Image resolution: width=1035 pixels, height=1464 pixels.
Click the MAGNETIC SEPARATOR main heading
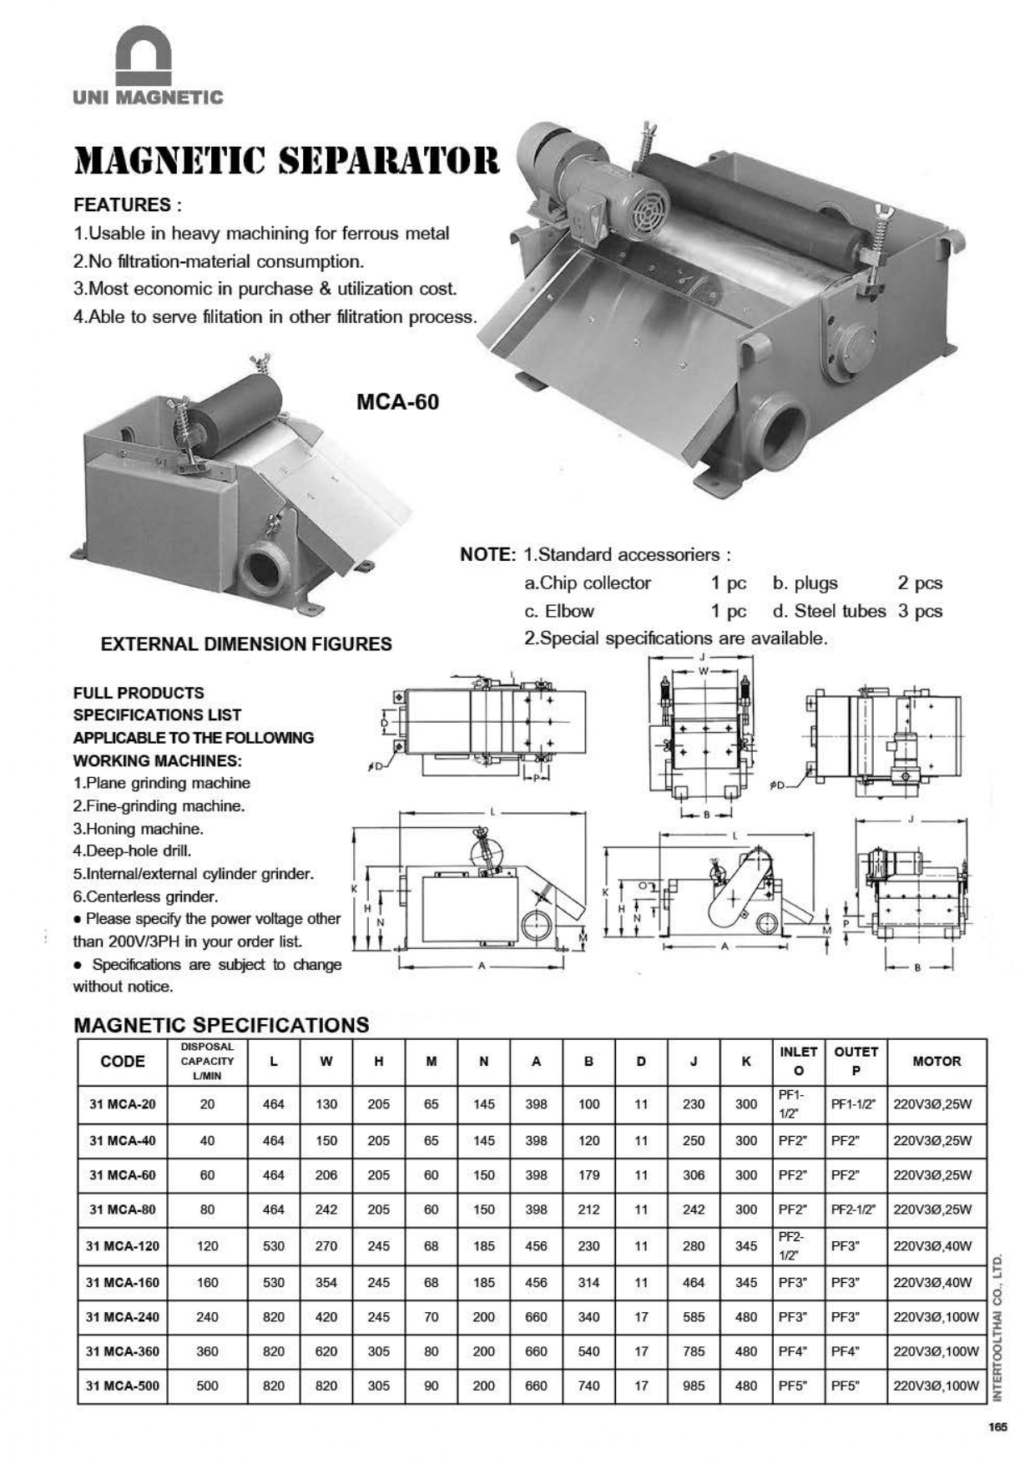coord(287,161)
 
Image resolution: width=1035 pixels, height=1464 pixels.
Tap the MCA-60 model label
coord(397,402)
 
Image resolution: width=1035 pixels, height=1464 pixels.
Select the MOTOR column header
coord(937,1062)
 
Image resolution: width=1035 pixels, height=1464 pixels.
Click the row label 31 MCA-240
coord(122,1317)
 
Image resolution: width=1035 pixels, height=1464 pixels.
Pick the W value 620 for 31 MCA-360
coord(326,1351)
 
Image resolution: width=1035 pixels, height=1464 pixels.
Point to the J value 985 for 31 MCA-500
coord(694,1386)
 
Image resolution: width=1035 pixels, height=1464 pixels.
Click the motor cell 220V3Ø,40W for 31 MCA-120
coord(933,1246)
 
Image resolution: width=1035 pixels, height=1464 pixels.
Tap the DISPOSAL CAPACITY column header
coord(207,1062)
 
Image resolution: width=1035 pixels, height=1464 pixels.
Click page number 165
coord(997,1427)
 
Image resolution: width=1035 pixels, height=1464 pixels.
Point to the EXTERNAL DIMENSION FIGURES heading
coord(246,644)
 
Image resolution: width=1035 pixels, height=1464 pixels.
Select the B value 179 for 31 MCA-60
coord(588,1175)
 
